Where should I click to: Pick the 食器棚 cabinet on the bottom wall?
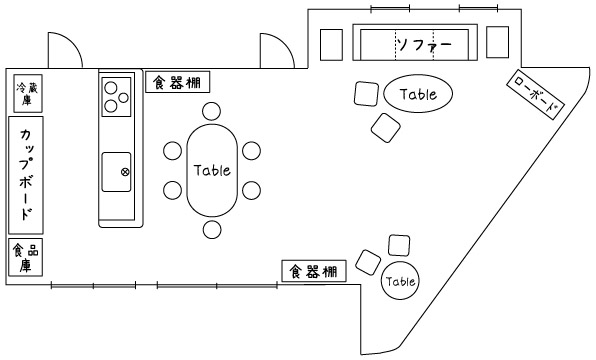click(x=315, y=271)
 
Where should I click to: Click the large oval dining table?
click(x=212, y=169)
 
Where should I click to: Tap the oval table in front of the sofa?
click(x=418, y=94)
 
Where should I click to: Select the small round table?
click(x=400, y=281)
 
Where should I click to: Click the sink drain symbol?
click(x=126, y=171)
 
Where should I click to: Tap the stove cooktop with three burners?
click(x=115, y=96)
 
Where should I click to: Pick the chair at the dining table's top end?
click(x=211, y=111)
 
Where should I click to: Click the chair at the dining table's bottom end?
click(x=211, y=230)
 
